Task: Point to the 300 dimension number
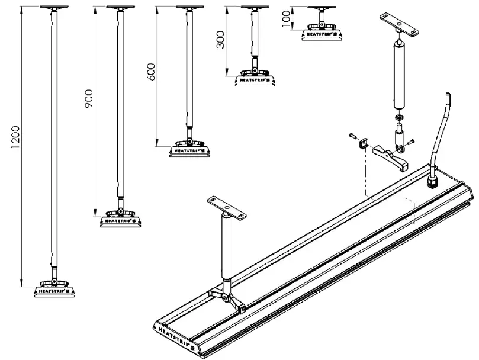(x=221, y=40)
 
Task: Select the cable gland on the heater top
(x=433, y=178)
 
